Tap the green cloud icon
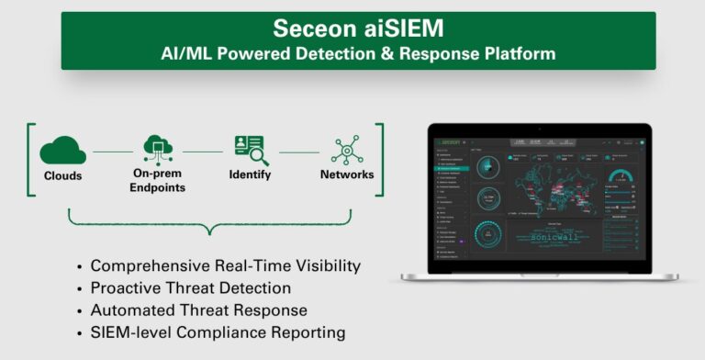click(62, 149)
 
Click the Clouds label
click(62, 175)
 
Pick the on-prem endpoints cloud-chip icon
click(158, 148)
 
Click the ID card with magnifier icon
click(251, 149)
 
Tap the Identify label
click(251, 175)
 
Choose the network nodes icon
click(347, 150)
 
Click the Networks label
click(347, 175)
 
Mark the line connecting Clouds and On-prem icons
click(112, 152)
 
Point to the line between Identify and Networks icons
click(299, 152)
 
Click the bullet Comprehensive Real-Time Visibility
click(225, 266)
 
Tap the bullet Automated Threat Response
click(198, 310)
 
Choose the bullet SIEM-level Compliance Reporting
click(219, 332)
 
